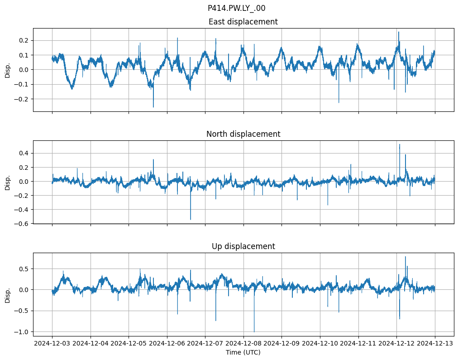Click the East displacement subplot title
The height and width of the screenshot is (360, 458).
point(243,22)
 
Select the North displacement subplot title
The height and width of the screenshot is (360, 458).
point(243,134)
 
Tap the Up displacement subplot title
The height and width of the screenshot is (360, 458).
point(243,246)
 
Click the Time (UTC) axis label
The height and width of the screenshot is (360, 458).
point(243,352)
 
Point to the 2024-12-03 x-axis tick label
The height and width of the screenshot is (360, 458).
point(52,343)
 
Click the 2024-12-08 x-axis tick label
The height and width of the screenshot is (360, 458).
point(243,343)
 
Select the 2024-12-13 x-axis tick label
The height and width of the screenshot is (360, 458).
point(435,343)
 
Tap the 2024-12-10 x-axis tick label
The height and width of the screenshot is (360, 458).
point(320,343)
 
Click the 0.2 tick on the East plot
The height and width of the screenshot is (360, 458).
point(23,40)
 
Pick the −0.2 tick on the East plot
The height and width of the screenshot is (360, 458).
point(21,99)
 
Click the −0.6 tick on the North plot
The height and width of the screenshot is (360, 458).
point(21,224)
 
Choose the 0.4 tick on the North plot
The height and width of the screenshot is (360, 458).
point(23,153)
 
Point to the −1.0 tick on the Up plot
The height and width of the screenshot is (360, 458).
point(21,332)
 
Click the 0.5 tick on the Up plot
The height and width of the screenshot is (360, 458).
point(23,269)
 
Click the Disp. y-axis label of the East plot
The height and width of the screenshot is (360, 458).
point(8,70)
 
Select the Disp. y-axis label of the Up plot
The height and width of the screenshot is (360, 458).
point(8,294)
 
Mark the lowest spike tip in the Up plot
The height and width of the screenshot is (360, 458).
point(254,332)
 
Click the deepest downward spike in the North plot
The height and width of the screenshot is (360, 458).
point(191,220)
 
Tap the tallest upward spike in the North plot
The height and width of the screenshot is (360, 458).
point(399,144)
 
